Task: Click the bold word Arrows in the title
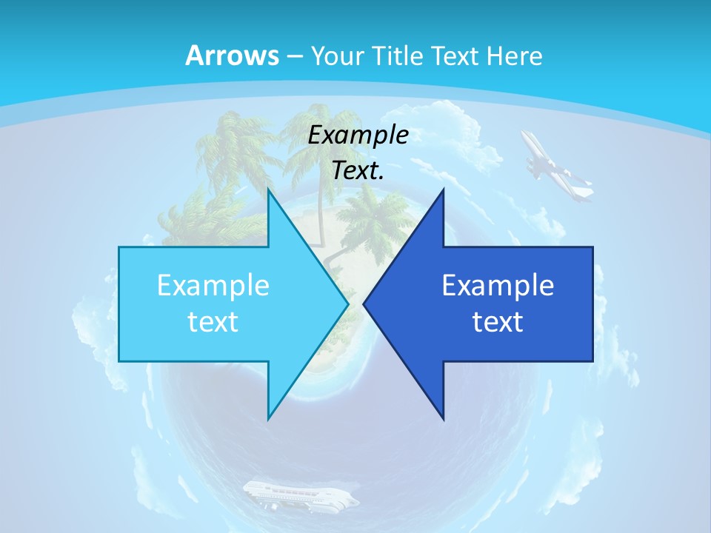pos(233,56)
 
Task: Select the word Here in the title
pos(515,56)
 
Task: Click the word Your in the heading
pos(335,56)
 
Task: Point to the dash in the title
pos(294,56)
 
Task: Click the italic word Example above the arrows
pos(358,135)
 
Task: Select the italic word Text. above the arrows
pos(358,171)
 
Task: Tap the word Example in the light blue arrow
pos(213,286)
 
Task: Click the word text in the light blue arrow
pos(213,322)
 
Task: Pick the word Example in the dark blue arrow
pos(498,286)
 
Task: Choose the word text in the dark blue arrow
pos(498,322)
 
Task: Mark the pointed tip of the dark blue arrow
pos(364,304)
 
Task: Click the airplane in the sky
pos(555,167)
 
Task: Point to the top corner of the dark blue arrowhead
pos(443,190)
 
